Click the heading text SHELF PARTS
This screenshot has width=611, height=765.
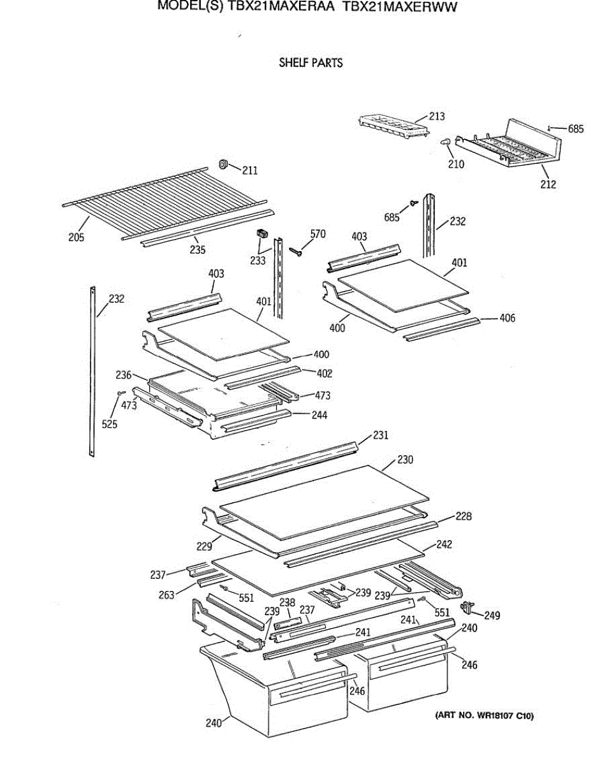coord(311,63)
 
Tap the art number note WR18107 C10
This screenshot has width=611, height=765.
coord(484,716)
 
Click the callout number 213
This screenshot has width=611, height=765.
coord(437,117)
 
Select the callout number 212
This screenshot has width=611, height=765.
coord(548,185)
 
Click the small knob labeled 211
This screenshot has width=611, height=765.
coord(223,165)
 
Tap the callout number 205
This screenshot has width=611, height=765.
coord(77,238)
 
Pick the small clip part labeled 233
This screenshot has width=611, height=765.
coord(260,234)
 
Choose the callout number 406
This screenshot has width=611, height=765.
coord(508,318)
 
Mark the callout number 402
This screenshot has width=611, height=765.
coord(324,374)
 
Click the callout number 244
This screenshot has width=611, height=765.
coord(319,415)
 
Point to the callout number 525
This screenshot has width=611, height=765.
coord(110,425)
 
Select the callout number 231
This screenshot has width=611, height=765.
coord(381,435)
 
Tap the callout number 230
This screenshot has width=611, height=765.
coord(406,460)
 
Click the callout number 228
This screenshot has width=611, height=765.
coord(464,516)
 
